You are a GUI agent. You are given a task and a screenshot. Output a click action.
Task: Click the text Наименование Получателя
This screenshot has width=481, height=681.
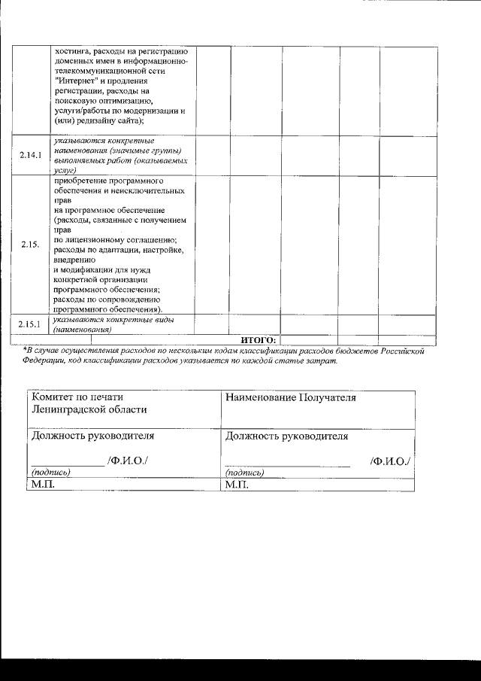tap(290, 397)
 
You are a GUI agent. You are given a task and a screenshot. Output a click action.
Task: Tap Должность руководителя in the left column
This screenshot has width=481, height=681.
tap(92, 436)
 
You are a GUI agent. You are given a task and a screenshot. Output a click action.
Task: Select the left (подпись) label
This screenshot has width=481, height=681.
tap(50, 473)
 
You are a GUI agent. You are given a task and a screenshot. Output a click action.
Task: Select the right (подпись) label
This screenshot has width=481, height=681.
tap(244, 473)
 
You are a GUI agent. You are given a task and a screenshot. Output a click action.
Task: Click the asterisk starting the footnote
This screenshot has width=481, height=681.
tap(25, 349)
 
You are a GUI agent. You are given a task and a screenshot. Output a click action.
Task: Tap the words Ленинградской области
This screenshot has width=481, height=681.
tap(89, 410)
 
